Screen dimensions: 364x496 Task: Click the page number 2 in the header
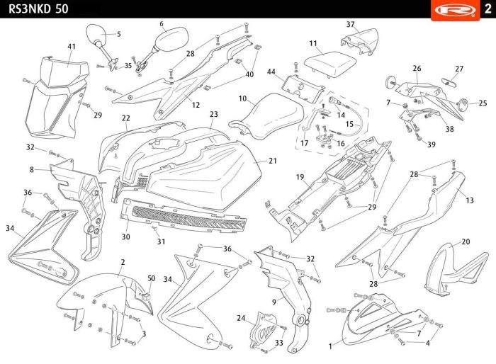tap(486, 8)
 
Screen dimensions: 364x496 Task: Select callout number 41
tap(71, 47)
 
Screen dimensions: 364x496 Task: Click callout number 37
tap(350, 24)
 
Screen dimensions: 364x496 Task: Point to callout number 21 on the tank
tap(273, 161)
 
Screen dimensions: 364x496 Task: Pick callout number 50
tap(151, 278)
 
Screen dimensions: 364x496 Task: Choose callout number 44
tap(271, 72)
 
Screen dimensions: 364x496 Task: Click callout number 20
tap(466, 241)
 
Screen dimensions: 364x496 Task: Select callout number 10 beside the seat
tap(242, 98)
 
